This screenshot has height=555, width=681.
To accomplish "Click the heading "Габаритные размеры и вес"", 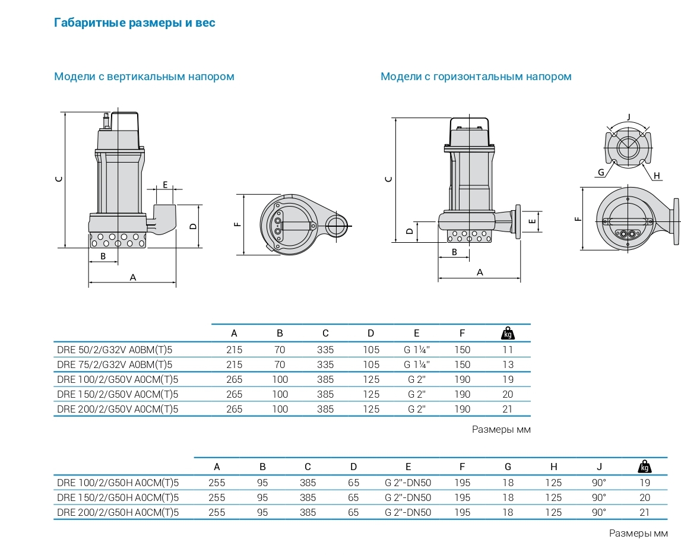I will point(134,23).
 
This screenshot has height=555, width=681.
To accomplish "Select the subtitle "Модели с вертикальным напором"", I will point(144,77).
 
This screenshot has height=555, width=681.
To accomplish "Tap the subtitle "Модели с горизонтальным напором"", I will point(476,77).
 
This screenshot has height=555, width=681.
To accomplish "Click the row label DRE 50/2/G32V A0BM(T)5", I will point(117,350).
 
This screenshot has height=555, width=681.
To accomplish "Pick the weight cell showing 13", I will point(508,364).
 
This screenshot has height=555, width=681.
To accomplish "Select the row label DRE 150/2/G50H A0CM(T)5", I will point(118,497).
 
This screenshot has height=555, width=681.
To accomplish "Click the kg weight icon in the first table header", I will point(508,333).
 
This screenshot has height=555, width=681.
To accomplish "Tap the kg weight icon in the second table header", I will point(645,467).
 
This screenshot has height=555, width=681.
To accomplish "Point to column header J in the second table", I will point(600,467).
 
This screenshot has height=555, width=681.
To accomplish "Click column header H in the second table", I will point(553,467).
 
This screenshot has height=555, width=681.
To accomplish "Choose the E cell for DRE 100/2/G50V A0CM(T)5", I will point(416,379).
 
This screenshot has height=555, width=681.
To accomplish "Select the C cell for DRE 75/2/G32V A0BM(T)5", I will point(325,364).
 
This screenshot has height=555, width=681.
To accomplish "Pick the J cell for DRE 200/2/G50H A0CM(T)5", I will point(600,512).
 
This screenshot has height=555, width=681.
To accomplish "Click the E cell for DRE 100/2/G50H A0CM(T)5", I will point(408,483).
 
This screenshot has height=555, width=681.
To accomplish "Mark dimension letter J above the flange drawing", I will point(628,116).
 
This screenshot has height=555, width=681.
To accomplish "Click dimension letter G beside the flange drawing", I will point(601,172).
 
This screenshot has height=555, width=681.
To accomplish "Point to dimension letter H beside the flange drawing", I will point(657,175).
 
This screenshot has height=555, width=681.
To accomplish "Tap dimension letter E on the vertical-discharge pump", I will point(164,184).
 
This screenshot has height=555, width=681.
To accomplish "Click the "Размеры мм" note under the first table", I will point(501,430).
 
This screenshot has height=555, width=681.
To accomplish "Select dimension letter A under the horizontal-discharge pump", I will point(480,272).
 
